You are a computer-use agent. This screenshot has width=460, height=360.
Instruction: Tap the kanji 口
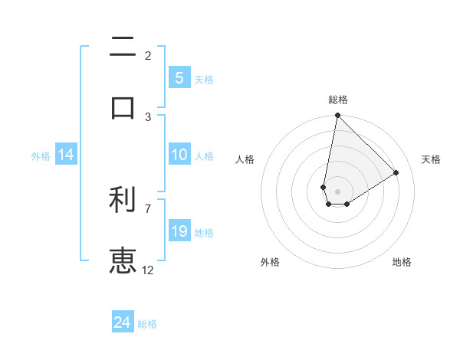pos(123,106)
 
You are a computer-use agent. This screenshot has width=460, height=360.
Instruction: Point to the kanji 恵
pos(123,260)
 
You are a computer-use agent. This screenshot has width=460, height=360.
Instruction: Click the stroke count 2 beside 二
pos(148,55)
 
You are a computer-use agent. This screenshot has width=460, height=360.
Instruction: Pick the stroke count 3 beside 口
pos(148,116)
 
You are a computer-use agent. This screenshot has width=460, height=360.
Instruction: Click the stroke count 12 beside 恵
pos(148,270)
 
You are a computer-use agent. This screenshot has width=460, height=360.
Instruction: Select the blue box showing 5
pos(179,77)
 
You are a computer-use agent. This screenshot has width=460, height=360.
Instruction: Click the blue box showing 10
pos(179,155)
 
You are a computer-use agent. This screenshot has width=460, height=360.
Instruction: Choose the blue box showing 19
pos(179,231)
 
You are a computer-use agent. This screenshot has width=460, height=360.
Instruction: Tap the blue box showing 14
pos(66,155)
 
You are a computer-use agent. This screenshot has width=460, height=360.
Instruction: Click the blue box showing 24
pos(123,322)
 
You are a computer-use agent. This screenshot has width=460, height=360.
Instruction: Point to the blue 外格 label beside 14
pos(41,155)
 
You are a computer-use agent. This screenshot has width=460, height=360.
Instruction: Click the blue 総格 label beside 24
pos(148,324)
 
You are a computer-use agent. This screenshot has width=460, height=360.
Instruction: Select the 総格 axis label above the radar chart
pos(338,100)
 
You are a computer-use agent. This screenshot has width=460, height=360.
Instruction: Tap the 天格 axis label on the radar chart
pos(431,159)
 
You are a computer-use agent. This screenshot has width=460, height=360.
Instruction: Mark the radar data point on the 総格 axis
pos(337,116)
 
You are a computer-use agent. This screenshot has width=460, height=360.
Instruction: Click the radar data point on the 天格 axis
pos(396,172)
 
